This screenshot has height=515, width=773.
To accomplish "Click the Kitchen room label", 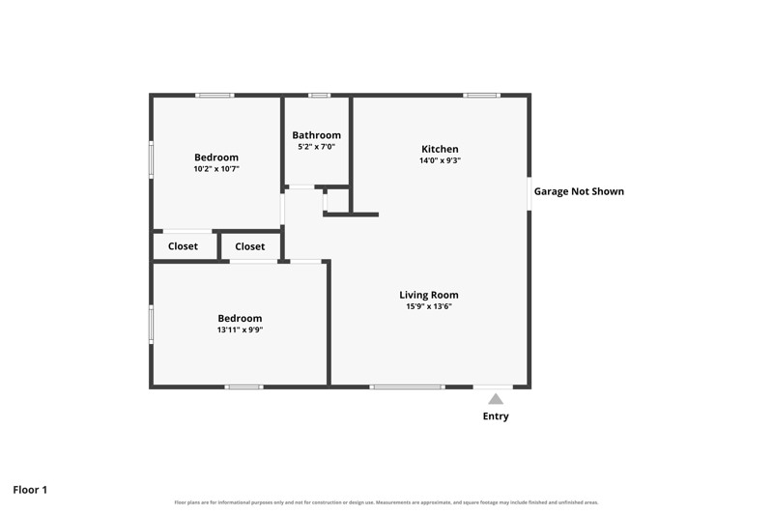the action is pos(440,149).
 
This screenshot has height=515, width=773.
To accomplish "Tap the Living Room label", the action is pos(429,295).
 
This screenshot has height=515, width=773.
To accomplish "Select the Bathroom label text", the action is pos(317,135).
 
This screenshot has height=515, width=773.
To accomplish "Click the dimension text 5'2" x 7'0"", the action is pos(317,146).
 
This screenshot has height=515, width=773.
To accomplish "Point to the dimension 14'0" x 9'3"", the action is pos(441,160).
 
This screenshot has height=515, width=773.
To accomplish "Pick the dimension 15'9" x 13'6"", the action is pos(429,306).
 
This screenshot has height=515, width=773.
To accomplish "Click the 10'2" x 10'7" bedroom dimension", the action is pos(216,168).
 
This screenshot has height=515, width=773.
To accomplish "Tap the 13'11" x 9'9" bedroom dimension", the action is pos(240,329).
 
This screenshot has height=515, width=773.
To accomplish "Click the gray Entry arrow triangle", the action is pos(496,399).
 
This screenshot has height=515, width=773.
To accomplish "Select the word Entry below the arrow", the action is pos(496,415).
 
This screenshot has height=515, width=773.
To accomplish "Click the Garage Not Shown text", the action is pos(579,191).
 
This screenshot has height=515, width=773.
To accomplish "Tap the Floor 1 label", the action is pos(30,489).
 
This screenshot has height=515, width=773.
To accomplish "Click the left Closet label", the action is pos(183,246).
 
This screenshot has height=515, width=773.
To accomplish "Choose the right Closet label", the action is pos(250,246).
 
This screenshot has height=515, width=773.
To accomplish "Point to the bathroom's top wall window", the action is pos(320,95).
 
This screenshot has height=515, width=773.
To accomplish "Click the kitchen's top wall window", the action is pos(481,95).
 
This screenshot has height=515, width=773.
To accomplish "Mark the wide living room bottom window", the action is pos(407,386).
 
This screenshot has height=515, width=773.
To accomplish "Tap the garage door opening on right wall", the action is pos(530,193).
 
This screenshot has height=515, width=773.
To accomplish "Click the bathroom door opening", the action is pos(301,187).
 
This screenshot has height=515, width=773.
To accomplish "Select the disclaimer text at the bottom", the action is pos(386,502).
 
